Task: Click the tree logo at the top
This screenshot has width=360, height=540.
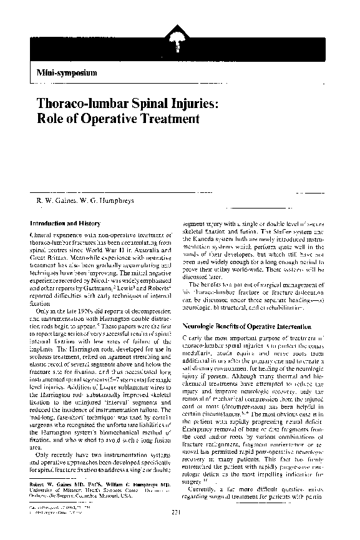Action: (x=173, y=43)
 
